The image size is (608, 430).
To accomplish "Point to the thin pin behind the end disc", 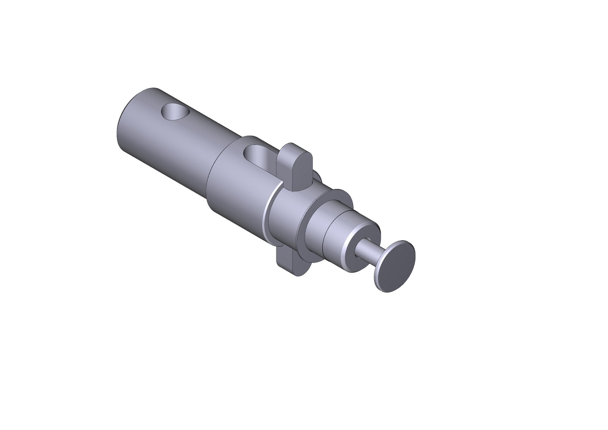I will [367, 249].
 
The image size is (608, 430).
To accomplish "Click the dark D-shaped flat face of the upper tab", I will [302, 172].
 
